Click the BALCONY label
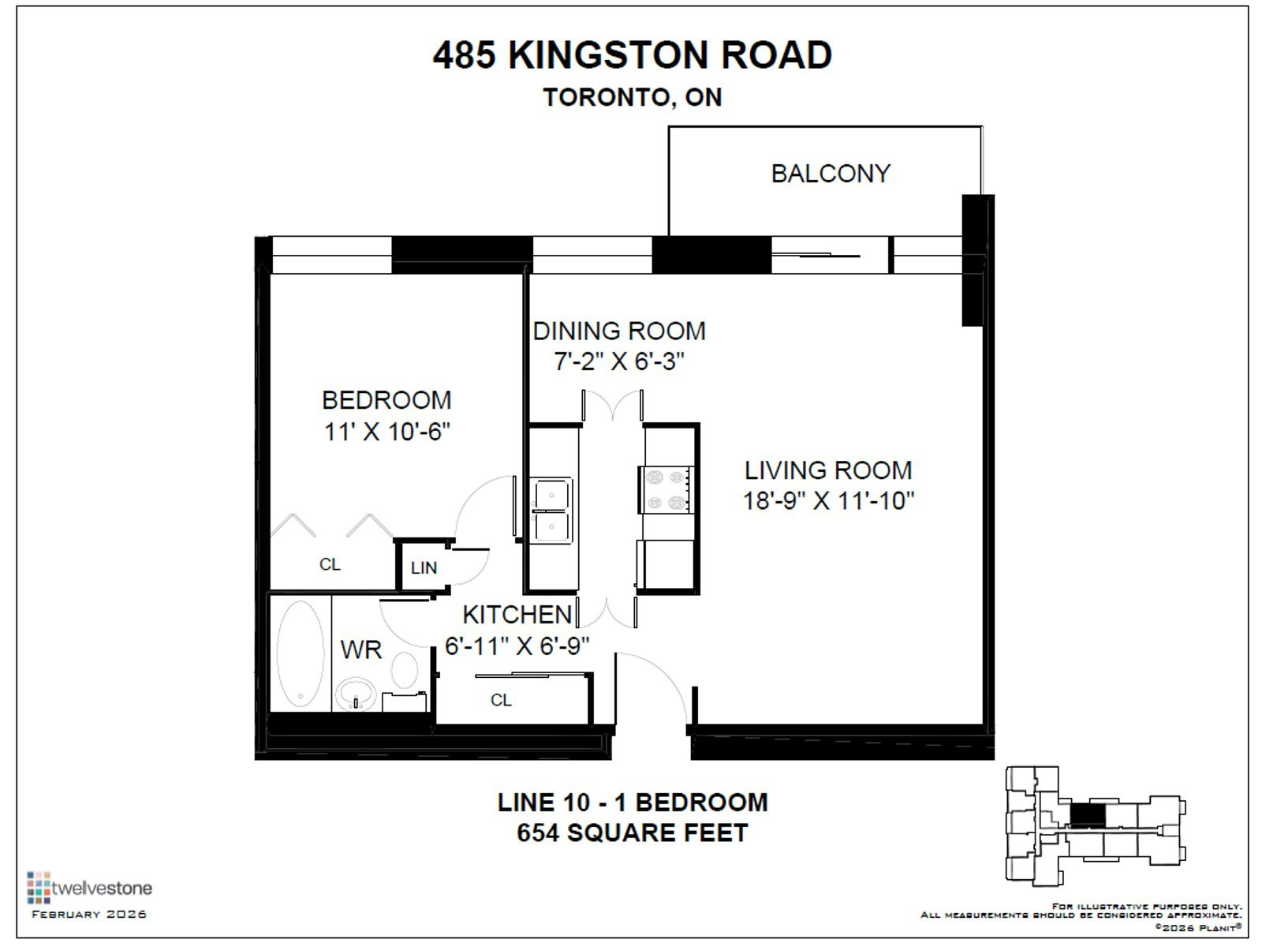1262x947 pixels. pyautogui.click(x=831, y=174)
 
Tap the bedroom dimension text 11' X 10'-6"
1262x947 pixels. pyautogui.click(x=387, y=432)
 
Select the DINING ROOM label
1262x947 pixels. pyautogui.click(x=619, y=331)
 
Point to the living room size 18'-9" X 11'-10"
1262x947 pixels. pyautogui.click(x=828, y=501)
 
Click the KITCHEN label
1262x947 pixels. pyautogui.click(x=517, y=616)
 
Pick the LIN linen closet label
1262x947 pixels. pyautogui.click(x=424, y=568)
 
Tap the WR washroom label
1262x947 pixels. pyautogui.click(x=361, y=650)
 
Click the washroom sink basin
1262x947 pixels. pyautogui.click(x=356, y=694)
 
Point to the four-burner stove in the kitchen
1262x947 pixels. pyautogui.click(x=666, y=490)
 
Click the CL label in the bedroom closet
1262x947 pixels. pyautogui.click(x=330, y=564)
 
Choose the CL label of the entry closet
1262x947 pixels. pyautogui.click(x=501, y=700)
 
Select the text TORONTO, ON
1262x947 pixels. pyautogui.click(x=633, y=97)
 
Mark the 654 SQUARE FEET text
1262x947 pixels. pyautogui.click(x=633, y=833)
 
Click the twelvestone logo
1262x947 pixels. pyautogui.click(x=90, y=888)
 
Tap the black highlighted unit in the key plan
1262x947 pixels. pyautogui.click(x=1087, y=815)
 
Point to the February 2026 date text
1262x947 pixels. pyautogui.click(x=89, y=914)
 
